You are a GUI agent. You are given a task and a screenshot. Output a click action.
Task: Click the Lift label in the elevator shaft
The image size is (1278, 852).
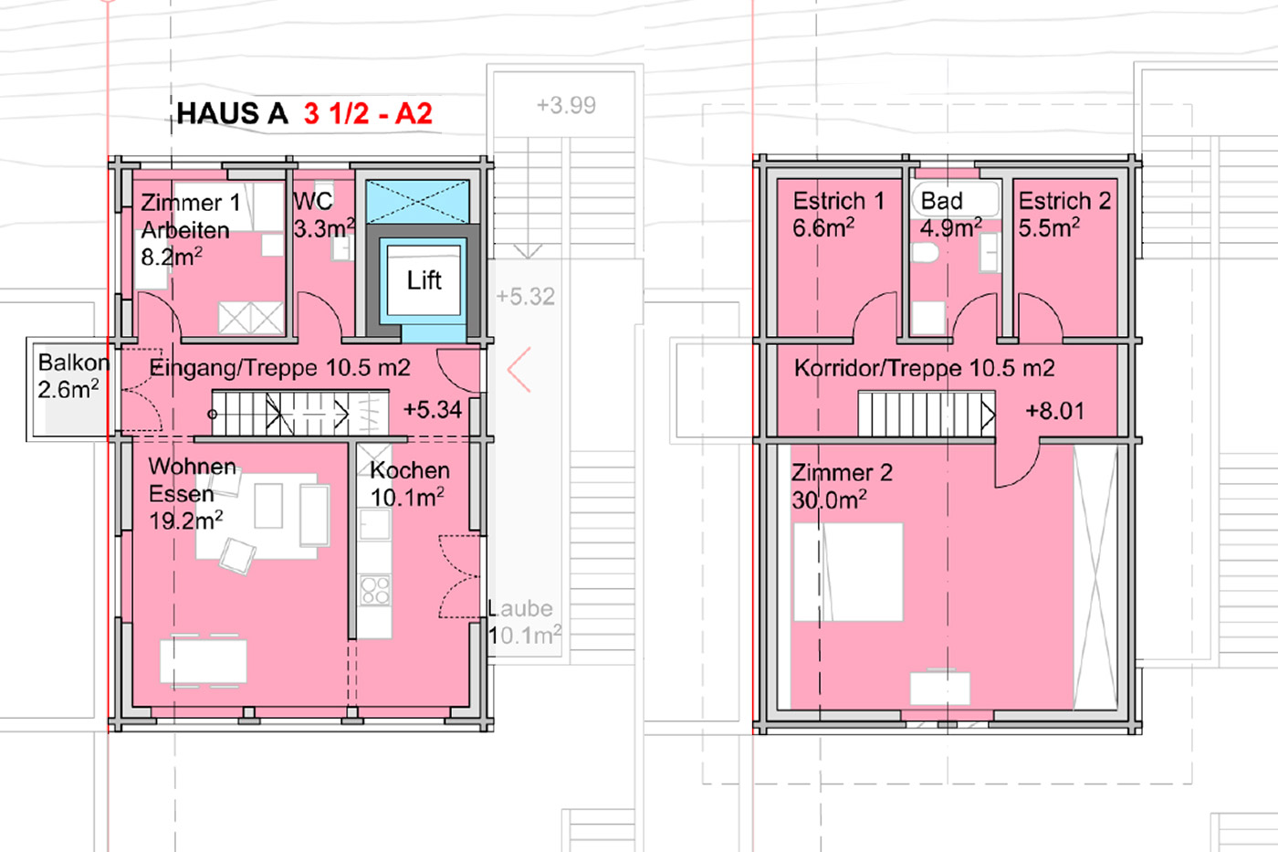[424, 280]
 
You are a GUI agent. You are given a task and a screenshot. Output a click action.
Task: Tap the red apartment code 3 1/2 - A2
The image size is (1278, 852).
[368, 113]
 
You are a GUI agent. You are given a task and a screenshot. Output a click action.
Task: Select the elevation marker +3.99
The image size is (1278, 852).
[566, 105]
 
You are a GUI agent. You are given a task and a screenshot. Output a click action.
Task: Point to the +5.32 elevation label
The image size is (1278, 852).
[525, 296]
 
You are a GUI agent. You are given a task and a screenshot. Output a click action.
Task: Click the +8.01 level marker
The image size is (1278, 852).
[1054, 410]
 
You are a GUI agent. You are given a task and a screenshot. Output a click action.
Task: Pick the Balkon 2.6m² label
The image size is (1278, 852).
[73, 376]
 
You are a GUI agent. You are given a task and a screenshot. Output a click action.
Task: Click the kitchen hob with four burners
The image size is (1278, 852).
[375, 590]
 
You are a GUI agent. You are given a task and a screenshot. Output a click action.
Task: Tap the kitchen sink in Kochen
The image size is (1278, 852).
[375, 524]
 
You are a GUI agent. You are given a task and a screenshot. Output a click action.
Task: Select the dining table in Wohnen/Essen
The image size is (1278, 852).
[203, 661]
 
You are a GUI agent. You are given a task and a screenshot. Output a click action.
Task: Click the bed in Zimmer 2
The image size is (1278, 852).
[848, 572]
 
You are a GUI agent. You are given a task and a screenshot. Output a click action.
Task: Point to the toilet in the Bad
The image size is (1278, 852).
[924, 252]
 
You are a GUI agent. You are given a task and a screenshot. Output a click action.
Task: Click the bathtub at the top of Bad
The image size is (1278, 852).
[956, 199]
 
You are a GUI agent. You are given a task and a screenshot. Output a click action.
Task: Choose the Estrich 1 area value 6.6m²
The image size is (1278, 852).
[823, 227]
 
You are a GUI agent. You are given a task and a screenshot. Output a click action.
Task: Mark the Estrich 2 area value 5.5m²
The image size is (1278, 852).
[1049, 227]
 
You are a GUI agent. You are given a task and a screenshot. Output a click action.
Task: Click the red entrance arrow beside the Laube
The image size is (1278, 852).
[519, 369]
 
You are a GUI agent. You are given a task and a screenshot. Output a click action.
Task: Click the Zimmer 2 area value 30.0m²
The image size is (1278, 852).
[829, 500]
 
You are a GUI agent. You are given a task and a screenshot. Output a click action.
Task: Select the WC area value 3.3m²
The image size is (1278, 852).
[324, 229]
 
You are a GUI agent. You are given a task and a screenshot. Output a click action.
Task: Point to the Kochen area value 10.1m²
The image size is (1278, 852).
[407, 498]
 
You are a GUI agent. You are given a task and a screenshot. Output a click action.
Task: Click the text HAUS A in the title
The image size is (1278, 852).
[232, 113]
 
